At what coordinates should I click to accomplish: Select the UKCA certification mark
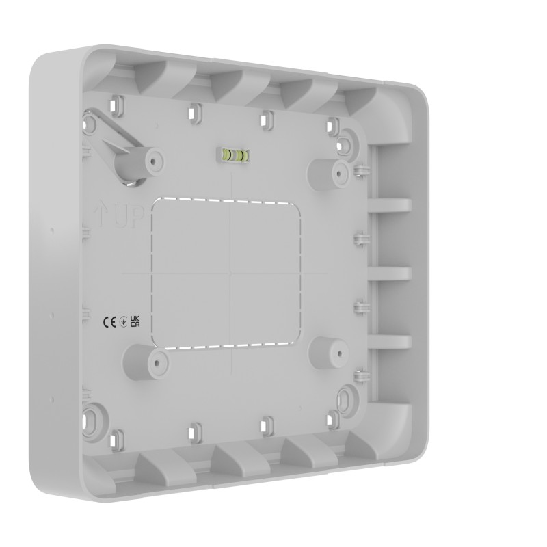coord(135,322)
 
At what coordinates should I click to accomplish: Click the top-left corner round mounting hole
coord(90,124)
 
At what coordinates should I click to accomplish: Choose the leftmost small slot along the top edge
coord(120,105)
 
